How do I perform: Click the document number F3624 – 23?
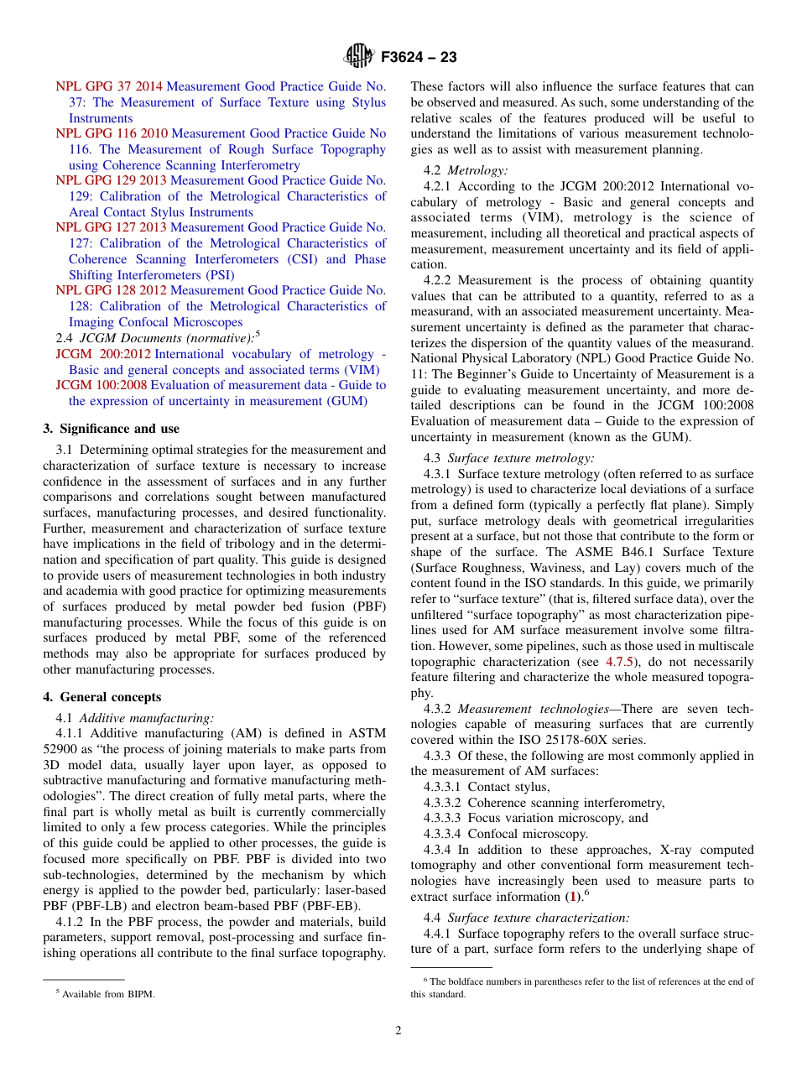418,58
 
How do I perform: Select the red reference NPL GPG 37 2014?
109,86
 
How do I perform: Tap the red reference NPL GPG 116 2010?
112,133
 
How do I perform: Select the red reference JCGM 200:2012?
103,354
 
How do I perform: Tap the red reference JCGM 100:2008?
102,386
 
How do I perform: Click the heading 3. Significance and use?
111,429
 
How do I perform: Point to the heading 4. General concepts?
102,697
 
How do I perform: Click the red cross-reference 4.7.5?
620,662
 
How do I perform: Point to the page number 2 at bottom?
398,1031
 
